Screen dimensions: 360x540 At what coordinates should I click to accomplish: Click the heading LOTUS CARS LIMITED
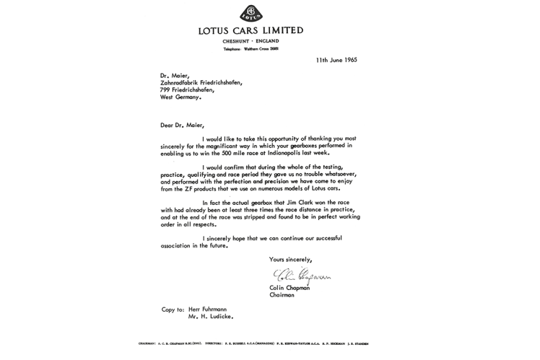pos(251,30)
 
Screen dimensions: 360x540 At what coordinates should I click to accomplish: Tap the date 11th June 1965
pos(336,60)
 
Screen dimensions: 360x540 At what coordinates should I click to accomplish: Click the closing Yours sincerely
pos(290,259)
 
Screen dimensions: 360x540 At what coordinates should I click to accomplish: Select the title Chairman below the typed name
pos(282,295)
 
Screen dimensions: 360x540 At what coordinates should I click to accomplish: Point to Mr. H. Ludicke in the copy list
pos(211,316)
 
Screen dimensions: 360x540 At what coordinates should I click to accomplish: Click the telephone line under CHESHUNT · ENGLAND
pos(251,48)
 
